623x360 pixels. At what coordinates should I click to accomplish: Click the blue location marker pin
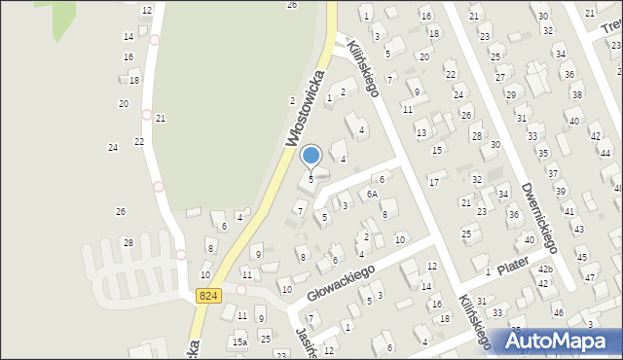click(x=311, y=156)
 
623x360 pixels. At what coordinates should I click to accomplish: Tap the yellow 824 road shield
click(x=207, y=295)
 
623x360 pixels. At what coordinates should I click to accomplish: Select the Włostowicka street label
click(x=305, y=102)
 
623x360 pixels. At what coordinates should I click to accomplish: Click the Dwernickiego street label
click(x=537, y=213)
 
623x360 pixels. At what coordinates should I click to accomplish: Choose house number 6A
click(x=372, y=195)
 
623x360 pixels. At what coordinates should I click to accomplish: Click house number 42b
click(x=545, y=270)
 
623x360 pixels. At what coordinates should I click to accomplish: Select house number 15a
click(x=239, y=342)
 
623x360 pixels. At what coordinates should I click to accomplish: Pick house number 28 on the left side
click(x=128, y=242)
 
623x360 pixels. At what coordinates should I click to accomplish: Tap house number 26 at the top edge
click(x=291, y=5)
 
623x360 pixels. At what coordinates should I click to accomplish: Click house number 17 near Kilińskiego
click(x=433, y=182)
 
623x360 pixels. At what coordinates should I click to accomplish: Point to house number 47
click(x=589, y=278)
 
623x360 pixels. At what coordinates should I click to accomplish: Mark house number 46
click(x=558, y=312)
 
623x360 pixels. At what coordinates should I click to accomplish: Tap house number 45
click(x=582, y=257)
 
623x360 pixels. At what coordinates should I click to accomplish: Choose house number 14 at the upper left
click(x=128, y=36)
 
